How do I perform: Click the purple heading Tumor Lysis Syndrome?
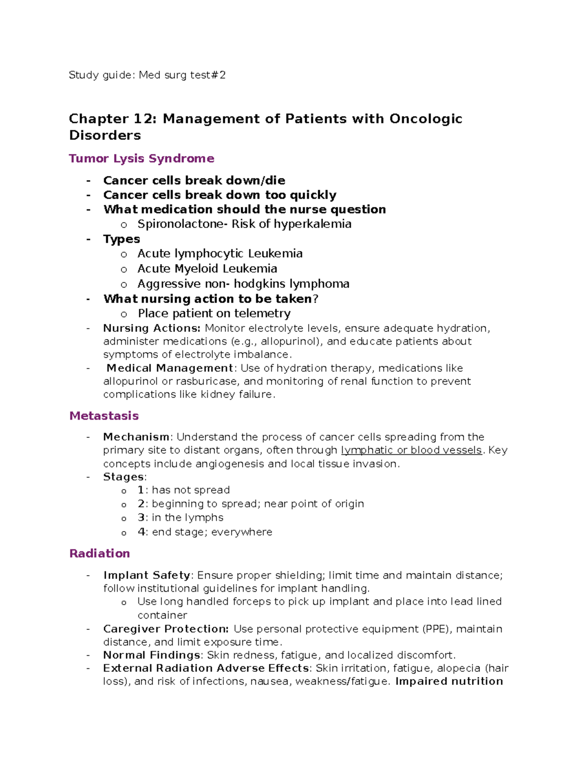point(141,158)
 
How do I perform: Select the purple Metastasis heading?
point(104,416)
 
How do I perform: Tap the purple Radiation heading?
point(99,553)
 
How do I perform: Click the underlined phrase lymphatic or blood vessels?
point(411,450)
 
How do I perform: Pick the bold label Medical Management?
point(170,368)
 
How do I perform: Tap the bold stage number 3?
point(141,518)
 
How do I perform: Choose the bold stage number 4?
point(141,532)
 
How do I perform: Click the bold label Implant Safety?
point(147,575)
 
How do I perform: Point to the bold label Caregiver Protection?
point(166,629)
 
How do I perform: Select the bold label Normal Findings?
point(152,655)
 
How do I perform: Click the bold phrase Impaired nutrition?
point(449,681)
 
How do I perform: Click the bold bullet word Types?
point(121,239)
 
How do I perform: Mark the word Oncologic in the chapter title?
point(426,118)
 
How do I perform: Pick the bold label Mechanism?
point(136,437)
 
